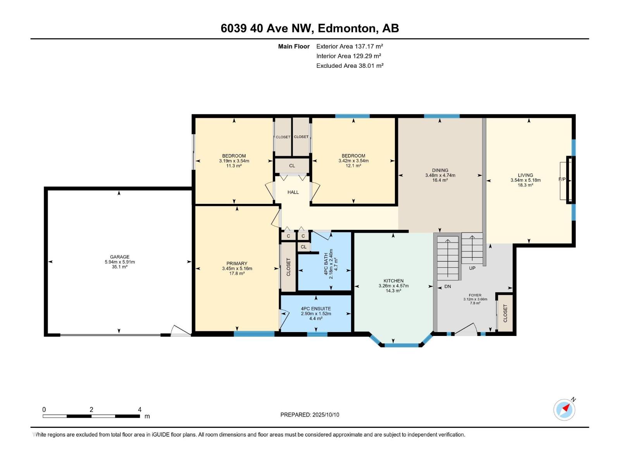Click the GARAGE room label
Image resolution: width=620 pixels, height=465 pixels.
(119, 257)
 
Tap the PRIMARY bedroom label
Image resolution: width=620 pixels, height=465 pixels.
(237, 263)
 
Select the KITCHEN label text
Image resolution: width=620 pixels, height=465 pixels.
(393, 281)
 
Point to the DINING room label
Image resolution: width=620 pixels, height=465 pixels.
(440, 170)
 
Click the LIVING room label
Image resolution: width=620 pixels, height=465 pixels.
(525, 175)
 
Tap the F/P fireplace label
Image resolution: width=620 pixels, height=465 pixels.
(562, 179)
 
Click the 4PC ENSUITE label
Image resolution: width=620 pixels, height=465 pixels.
(316, 308)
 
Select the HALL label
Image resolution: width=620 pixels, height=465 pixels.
(293, 192)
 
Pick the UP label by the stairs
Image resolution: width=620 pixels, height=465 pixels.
(472, 268)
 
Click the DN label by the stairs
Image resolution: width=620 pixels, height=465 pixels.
(448, 286)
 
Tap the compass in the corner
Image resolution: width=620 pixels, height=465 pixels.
(564, 410)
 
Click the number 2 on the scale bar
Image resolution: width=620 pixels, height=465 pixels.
(91, 409)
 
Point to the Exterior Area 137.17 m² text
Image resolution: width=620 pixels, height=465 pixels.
(350, 46)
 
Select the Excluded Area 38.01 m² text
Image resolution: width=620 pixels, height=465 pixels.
(350, 65)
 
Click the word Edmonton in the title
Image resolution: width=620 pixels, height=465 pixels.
(348, 29)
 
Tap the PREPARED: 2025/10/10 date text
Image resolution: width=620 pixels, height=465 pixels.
(310, 415)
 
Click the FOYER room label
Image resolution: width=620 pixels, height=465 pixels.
(475, 295)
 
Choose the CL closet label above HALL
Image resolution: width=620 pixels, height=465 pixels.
(292, 166)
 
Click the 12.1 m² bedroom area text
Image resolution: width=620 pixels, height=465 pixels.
(353, 166)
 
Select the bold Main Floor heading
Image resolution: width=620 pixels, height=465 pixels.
(294, 46)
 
